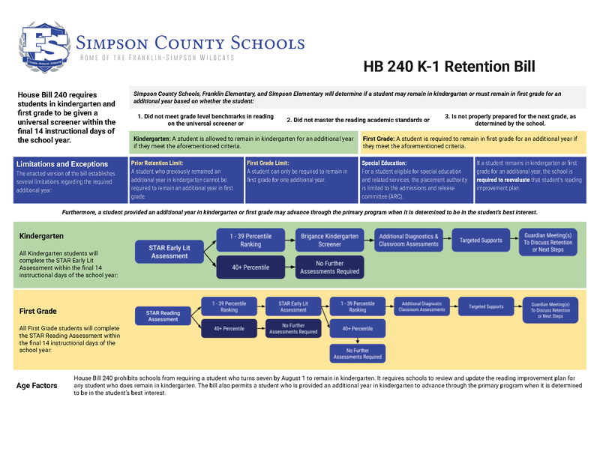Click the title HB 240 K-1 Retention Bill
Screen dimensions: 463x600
pos(448,67)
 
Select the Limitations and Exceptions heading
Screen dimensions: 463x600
pos(62,164)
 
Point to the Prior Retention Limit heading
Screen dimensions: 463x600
pos(159,162)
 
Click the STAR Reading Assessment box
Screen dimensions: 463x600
pos(163,315)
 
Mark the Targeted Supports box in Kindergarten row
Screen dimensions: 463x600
pos(481,240)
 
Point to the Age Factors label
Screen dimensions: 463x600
pos(37,386)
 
